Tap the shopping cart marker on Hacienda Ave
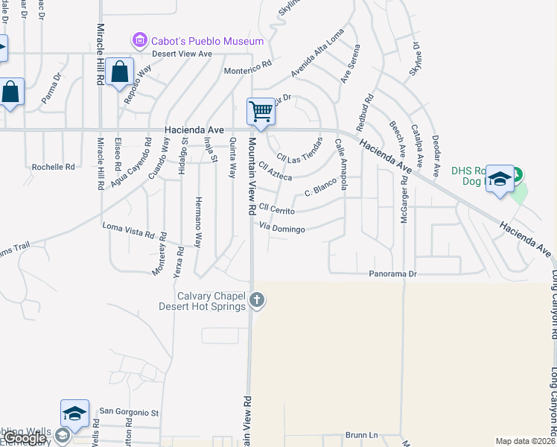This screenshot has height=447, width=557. (x=261, y=112)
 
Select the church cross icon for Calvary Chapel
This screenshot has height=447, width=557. (x=257, y=300)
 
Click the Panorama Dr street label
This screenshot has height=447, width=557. (x=392, y=274)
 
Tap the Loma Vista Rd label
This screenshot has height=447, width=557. (x=127, y=228)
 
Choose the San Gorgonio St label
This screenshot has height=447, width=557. (x=130, y=411)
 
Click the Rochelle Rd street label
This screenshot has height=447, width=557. (x=53, y=167)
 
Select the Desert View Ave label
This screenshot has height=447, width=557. (x=182, y=54)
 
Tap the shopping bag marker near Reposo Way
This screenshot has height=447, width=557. (x=119, y=73)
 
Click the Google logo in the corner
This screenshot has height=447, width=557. (x=24, y=438)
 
